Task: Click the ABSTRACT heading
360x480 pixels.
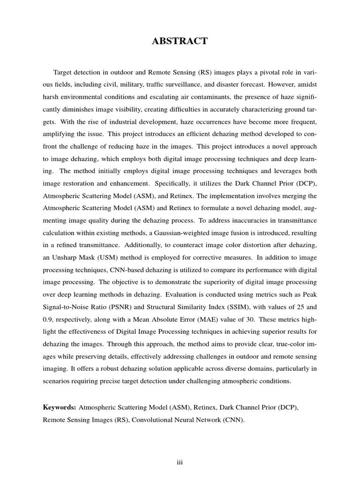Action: (180, 42)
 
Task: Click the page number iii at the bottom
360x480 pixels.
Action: (180, 463)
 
